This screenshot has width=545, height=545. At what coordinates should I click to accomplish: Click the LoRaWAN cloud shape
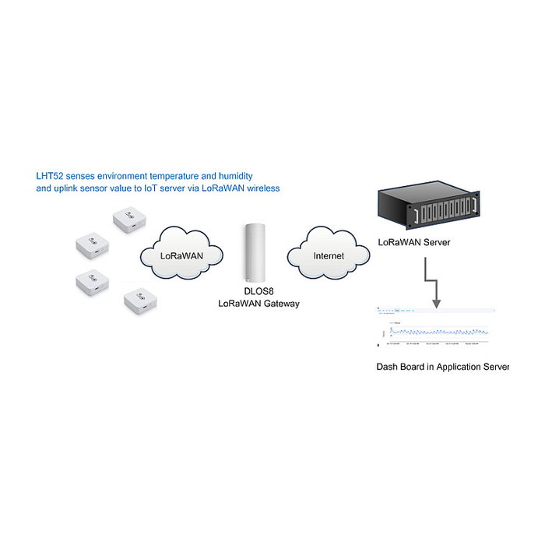[x=182, y=253]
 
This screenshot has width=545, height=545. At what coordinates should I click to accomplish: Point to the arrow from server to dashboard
[x=432, y=284]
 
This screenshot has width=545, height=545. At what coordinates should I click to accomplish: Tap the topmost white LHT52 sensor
[x=130, y=220]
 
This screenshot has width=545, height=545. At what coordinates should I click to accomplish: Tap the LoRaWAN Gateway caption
[x=258, y=304]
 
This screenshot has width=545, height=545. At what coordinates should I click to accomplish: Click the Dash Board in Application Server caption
[x=442, y=366]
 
